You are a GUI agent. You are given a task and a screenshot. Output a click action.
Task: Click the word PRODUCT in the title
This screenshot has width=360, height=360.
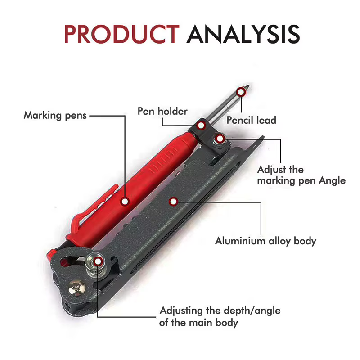pos(121,34)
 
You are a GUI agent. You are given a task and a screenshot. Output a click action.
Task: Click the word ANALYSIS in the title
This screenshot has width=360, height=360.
pos(243,34)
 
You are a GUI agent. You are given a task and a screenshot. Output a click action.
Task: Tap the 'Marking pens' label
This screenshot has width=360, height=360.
pos(55,115)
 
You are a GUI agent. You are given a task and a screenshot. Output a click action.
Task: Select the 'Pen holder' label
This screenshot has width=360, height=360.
pos(162,111)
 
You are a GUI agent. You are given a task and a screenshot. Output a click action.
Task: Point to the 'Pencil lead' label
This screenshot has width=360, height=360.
pos(251,120)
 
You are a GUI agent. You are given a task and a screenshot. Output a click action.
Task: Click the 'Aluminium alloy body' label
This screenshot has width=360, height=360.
pos(265,241)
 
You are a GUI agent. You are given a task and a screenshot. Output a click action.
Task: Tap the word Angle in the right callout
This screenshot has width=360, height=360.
pos(332,181)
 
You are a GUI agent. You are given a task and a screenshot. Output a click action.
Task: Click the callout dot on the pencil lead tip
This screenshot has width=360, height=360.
pos(241,92)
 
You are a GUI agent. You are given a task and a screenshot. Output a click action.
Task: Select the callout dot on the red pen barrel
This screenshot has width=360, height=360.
pos(125,202)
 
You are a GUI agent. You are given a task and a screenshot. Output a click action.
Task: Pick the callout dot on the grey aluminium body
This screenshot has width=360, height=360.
pos(173,202)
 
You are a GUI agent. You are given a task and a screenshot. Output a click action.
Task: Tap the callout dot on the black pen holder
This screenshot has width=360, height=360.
pos(201,126)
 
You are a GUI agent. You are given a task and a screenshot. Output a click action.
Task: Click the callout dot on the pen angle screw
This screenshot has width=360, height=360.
pos(220,139)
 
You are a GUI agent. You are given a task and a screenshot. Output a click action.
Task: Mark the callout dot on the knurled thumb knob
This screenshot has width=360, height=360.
pos(98,261)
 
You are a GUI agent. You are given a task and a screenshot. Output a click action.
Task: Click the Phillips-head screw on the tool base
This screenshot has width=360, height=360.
pos(76,288)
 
